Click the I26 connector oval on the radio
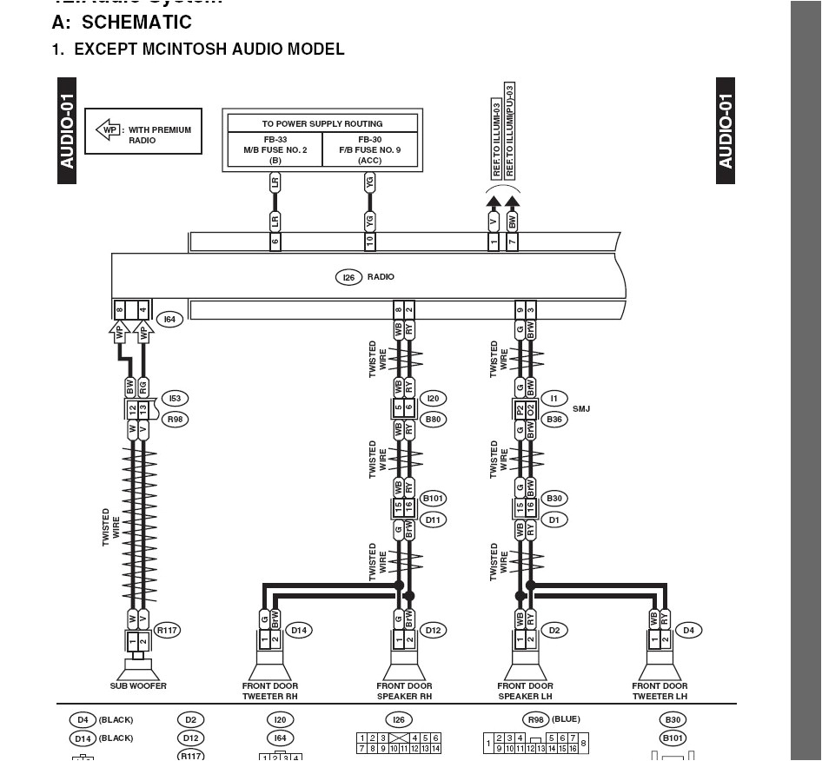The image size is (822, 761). [348, 277]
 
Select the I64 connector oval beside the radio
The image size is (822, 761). [169, 320]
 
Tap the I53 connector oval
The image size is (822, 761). [175, 399]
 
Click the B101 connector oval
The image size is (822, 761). [433, 499]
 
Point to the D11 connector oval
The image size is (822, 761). [433, 519]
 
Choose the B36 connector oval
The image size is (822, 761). [554, 420]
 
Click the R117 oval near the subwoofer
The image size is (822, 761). [167, 631]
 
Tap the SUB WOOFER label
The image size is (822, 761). [139, 686]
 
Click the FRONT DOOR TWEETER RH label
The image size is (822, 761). [270, 692]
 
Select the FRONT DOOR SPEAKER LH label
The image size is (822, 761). [526, 692]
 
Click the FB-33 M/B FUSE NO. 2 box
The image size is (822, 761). [275, 149]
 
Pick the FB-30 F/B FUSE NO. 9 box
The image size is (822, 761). [370, 149]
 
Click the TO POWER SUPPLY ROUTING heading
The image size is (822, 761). [322, 123]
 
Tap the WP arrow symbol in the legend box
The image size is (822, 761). [108, 130]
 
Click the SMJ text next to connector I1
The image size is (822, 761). [581, 408]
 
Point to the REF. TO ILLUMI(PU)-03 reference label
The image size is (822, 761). [510, 130]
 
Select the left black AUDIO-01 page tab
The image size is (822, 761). [68, 130]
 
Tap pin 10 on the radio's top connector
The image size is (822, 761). [370, 242]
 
